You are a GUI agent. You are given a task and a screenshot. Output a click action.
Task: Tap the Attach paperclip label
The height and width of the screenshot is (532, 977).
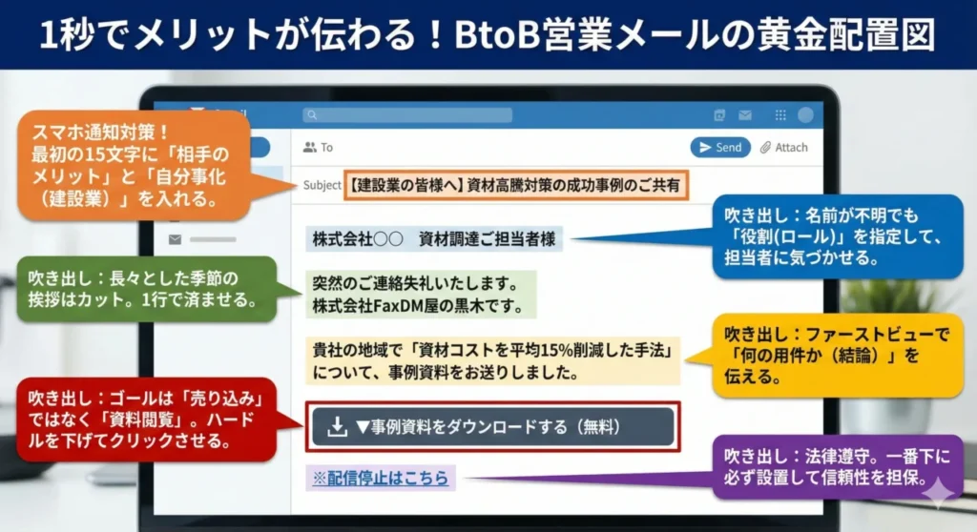pyautogui.click(x=783, y=148)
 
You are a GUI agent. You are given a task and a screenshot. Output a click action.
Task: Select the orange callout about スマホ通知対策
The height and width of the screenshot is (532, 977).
pyautogui.click(x=133, y=165)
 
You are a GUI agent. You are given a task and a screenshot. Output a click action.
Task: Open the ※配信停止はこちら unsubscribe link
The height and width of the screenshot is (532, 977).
pyautogui.click(x=381, y=478)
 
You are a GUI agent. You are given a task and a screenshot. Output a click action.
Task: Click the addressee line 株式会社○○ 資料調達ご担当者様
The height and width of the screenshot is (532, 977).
pyautogui.click(x=434, y=238)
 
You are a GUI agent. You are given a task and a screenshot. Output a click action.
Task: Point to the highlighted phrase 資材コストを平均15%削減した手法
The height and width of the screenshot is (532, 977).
pyautogui.click(x=534, y=349)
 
